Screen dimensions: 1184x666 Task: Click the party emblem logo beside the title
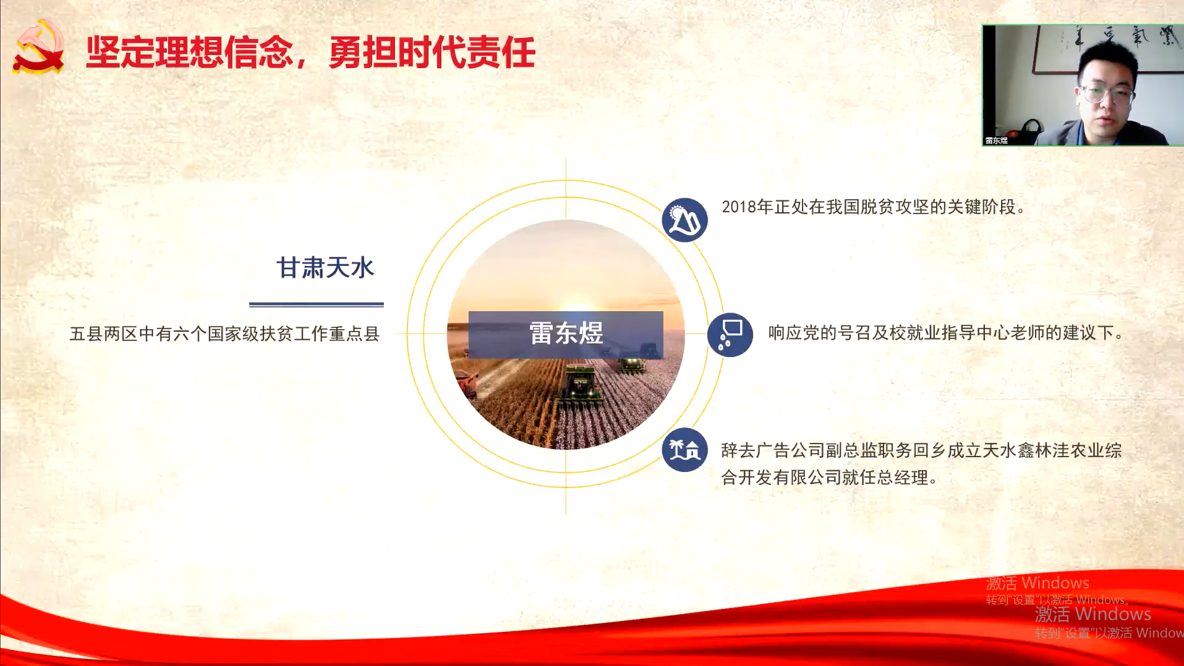[x=38, y=47]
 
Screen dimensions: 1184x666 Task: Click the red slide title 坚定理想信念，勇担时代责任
[x=311, y=51]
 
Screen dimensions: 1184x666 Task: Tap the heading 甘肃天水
[x=326, y=267]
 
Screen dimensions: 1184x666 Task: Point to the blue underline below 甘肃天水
[x=317, y=304]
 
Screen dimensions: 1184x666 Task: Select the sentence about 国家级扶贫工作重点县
[x=225, y=333]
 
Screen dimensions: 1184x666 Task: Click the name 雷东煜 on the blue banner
[x=566, y=333]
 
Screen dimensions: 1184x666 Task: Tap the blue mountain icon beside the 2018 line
[x=685, y=220]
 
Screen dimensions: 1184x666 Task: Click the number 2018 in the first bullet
[x=739, y=207]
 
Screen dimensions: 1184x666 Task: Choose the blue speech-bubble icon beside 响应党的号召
[x=730, y=334]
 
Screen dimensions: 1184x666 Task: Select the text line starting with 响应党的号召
[x=946, y=333]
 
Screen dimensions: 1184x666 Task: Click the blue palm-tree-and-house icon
[x=685, y=450]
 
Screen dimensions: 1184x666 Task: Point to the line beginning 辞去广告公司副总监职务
[x=921, y=450]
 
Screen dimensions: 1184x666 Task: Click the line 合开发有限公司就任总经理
[x=829, y=478]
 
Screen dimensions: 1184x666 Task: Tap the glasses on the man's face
[x=1107, y=94]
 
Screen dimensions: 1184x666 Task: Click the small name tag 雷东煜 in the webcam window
[x=996, y=141]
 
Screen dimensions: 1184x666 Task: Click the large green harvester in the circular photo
[x=579, y=388]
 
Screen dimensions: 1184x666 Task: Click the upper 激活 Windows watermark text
[x=1037, y=583]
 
